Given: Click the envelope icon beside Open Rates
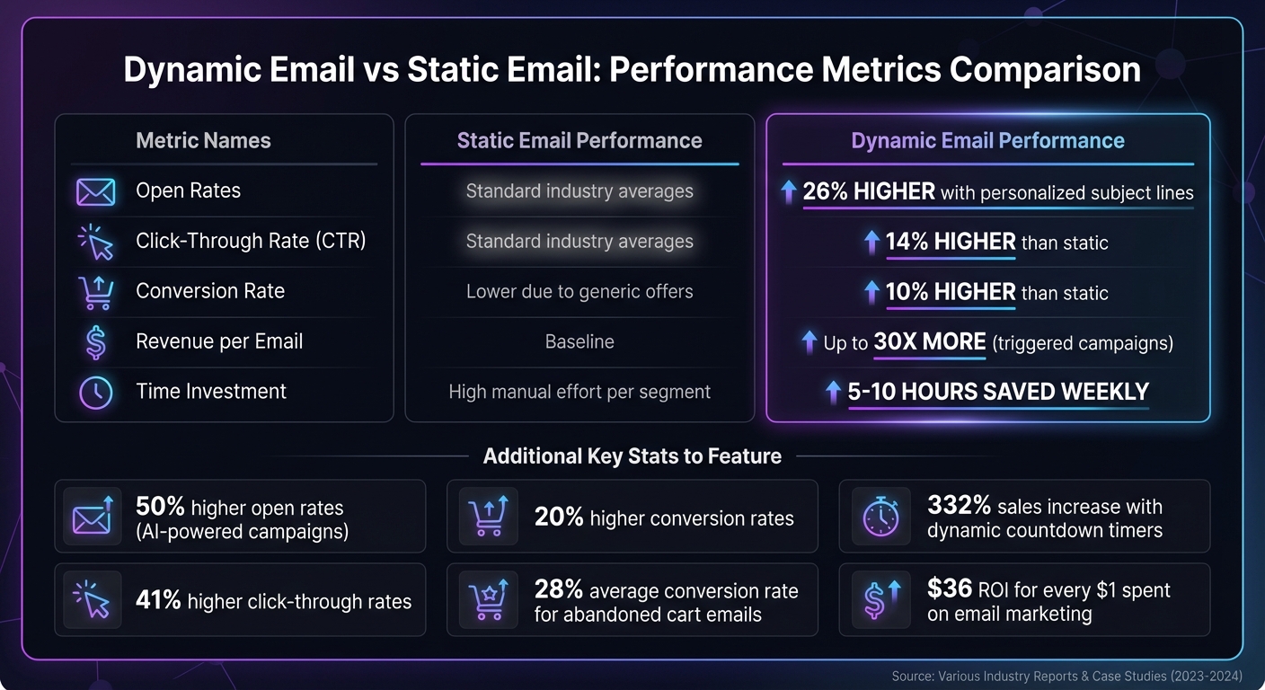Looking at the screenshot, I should [95, 191].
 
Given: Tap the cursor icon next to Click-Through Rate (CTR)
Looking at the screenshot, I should [95, 242].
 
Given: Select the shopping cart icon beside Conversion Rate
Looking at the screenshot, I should [95, 292].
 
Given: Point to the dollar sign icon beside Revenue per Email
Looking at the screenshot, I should [95, 342].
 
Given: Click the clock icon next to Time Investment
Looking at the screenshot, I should [95, 393].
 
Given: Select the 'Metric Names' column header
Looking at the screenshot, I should [203, 141].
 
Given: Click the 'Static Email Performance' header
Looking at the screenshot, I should [579, 141].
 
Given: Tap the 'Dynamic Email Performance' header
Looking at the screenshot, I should [987, 141].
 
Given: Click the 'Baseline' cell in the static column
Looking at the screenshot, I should [579, 342].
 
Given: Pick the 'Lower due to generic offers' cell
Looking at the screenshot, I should [579, 292].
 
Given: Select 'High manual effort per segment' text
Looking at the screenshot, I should [579, 393].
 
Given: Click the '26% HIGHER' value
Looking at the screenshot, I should [868, 191].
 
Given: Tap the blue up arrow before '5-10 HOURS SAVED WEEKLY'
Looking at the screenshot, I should [833, 393].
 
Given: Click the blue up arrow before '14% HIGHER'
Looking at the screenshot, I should [871, 242].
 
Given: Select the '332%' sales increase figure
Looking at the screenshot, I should [958, 507].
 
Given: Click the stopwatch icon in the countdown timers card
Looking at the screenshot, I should [880, 517].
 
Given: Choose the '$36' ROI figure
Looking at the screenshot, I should [950, 589].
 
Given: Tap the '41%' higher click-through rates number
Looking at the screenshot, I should [158, 600].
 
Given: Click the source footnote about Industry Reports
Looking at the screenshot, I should [1066, 676].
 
